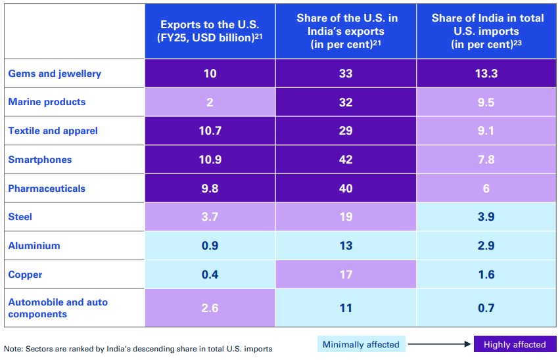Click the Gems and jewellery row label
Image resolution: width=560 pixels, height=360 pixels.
(x=55, y=74)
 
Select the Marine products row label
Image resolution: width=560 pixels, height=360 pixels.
(x=47, y=102)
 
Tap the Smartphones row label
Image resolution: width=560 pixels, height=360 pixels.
(x=40, y=160)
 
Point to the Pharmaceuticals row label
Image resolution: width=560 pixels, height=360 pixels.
(x=47, y=189)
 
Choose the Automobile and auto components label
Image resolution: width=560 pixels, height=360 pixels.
(x=58, y=308)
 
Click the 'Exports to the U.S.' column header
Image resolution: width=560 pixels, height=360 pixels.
(x=210, y=31)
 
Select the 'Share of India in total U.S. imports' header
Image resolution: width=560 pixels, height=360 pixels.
(x=487, y=31)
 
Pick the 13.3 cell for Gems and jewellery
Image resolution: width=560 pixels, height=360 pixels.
(x=487, y=74)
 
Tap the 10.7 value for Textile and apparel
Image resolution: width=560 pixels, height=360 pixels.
(x=210, y=131)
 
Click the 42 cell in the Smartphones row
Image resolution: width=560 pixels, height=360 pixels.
(x=346, y=160)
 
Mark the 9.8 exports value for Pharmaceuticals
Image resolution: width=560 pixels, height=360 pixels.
(x=210, y=189)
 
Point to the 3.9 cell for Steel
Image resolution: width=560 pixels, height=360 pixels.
(x=487, y=217)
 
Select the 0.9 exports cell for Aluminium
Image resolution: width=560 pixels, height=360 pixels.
(x=210, y=246)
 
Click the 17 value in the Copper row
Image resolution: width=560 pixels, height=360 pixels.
(x=346, y=275)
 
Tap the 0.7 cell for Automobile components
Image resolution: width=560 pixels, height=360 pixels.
(x=487, y=308)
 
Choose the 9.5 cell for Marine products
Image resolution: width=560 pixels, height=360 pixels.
(x=487, y=102)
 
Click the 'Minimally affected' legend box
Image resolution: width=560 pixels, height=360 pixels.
(x=361, y=344)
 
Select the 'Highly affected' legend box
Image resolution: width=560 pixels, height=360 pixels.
(x=515, y=344)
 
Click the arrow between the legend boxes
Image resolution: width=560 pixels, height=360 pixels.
(x=440, y=344)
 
